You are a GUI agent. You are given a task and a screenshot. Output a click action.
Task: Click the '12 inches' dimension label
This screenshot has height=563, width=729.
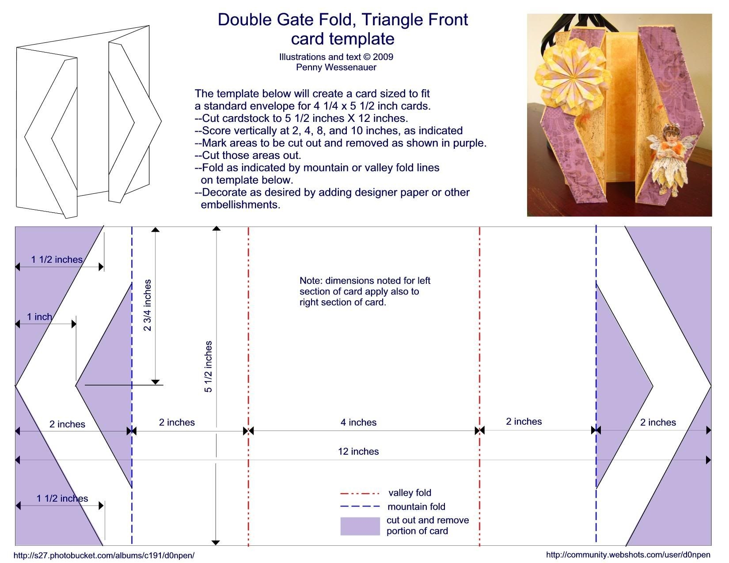[x=358, y=451]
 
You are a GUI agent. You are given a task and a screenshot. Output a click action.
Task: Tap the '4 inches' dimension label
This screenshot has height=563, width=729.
[x=358, y=423]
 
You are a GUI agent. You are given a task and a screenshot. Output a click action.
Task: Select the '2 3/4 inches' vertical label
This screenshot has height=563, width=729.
[x=147, y=305]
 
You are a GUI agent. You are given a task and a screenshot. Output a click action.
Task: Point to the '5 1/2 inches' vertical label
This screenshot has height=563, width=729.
[x=208, y=367]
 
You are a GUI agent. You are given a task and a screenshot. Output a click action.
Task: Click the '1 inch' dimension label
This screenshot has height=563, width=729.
[x=39, y=317]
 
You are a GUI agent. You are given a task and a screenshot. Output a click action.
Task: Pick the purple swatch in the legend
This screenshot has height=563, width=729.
[x=360, y=526]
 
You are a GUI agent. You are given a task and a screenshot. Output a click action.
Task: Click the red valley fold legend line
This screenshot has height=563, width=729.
[x=360, y=493]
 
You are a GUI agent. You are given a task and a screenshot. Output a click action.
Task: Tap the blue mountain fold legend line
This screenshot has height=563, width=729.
[x=360, y=506]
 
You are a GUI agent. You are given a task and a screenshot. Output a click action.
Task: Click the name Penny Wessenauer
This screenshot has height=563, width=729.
[x=336, y=67]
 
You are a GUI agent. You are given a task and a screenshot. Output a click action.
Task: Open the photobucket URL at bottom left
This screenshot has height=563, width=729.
[x=104, y=555]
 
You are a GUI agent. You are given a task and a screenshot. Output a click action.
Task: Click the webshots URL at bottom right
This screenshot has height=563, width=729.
[x=628, y=555]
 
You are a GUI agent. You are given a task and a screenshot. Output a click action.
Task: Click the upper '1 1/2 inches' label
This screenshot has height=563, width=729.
[x=57, y=260]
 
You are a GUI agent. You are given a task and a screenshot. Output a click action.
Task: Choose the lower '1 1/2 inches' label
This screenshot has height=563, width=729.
[x=62, y=499]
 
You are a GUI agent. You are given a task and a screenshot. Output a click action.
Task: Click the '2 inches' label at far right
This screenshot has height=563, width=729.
[x=658, y=423]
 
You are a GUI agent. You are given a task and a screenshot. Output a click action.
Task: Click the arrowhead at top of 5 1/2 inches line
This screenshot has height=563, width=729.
[x=216, y=229]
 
